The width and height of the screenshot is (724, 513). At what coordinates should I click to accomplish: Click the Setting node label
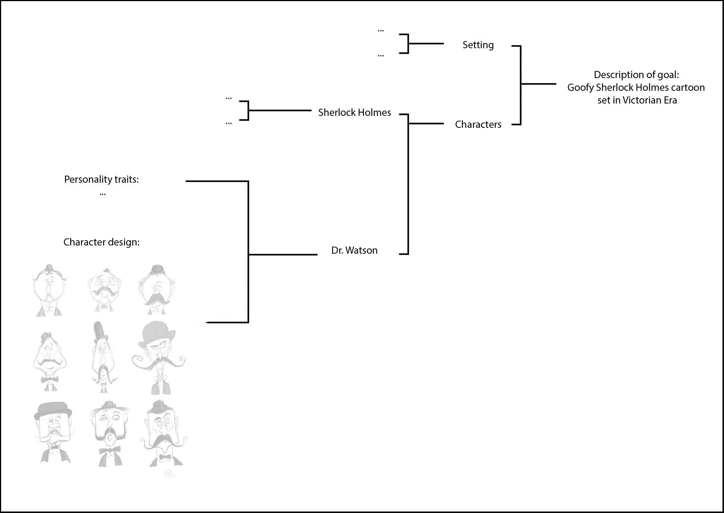tap(478, 45)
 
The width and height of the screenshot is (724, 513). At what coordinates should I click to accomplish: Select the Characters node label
tap(478, 124)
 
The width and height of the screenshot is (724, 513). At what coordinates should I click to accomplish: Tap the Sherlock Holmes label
tap(355, 112)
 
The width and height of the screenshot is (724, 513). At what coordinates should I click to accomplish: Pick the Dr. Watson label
tap(355, 250)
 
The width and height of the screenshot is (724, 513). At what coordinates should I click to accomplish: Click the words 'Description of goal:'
tap(636, 75)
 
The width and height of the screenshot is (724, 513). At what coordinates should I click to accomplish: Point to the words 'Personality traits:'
tap(101, 180)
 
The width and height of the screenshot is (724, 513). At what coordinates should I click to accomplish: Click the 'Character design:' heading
tap(101, 242)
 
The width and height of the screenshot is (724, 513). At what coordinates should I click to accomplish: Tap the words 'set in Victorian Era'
tap(637, 100)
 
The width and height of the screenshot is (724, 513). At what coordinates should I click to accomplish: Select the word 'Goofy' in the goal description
tap(581, 88)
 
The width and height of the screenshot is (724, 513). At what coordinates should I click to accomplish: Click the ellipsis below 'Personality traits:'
tap(103, 194)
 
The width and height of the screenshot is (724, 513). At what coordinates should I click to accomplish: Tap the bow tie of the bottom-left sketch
tap(52, 447)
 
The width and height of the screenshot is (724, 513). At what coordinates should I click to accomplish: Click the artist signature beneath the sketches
tap(170, 474)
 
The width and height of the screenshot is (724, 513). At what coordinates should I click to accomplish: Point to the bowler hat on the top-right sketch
tap(157, 270)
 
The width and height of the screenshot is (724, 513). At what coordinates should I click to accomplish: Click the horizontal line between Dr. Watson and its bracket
tap(283, 255)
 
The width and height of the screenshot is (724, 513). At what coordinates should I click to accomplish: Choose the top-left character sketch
tap(49, 290)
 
